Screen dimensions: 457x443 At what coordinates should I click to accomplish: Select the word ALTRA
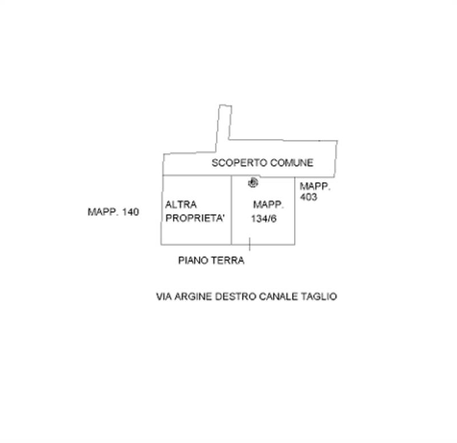(181, 205)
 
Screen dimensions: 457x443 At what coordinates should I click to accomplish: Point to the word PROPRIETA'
(195, 218)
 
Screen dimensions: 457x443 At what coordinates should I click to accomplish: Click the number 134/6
(264, 219)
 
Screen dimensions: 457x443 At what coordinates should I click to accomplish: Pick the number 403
(308, 197)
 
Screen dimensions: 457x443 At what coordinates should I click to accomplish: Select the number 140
(130, 212)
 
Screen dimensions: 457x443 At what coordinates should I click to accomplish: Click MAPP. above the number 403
(315, 186)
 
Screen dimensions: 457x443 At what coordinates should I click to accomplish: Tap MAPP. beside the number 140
(103, 212)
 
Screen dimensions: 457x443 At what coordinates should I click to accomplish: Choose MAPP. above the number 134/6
(268, 205)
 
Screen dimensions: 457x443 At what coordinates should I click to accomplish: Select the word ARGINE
(193, 297)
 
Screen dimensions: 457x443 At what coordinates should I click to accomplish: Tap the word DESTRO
(235, 297)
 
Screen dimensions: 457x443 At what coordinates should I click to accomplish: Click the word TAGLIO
(319, 297)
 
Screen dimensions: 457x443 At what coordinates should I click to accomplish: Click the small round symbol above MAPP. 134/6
(253, 183)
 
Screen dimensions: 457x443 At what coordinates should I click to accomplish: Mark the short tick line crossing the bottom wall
(250, 244)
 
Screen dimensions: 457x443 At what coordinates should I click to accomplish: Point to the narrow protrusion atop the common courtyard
(224, 127)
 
